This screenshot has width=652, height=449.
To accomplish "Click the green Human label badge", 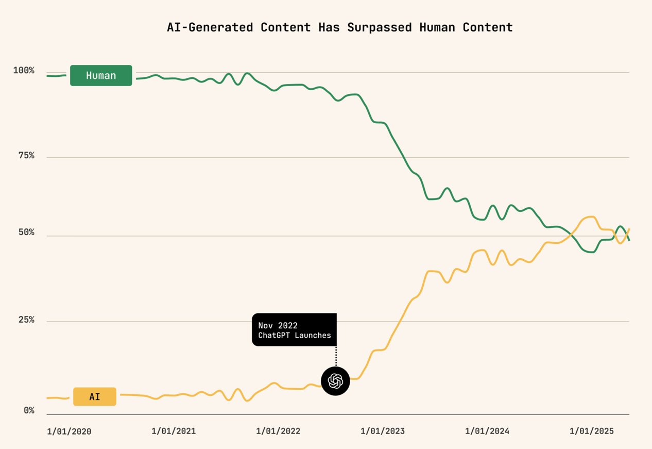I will pos(101,76).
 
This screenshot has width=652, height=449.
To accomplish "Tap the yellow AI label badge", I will pos(95,397).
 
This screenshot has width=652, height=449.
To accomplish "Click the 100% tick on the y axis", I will pos(24,71).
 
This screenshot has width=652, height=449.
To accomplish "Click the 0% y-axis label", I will pos(29,410).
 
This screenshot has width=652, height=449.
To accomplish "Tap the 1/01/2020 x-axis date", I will pos(69,431).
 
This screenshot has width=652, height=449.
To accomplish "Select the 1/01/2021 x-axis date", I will pos(174,431).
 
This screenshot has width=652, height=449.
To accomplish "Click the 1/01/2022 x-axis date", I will pos(278,431).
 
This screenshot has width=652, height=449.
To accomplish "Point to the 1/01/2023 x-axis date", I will pos(383,431).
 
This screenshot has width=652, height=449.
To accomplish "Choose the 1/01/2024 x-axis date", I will pos(487,431).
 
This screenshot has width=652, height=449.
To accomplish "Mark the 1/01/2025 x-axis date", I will pos(592,431).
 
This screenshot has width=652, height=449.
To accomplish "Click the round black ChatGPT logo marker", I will pos(335,381).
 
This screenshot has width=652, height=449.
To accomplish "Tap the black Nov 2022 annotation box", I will pos(294,330).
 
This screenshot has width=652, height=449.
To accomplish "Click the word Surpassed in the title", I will pos(380,27).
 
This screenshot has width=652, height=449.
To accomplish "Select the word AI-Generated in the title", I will pos(210,27).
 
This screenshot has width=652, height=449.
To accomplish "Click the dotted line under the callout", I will pos(336,356).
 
